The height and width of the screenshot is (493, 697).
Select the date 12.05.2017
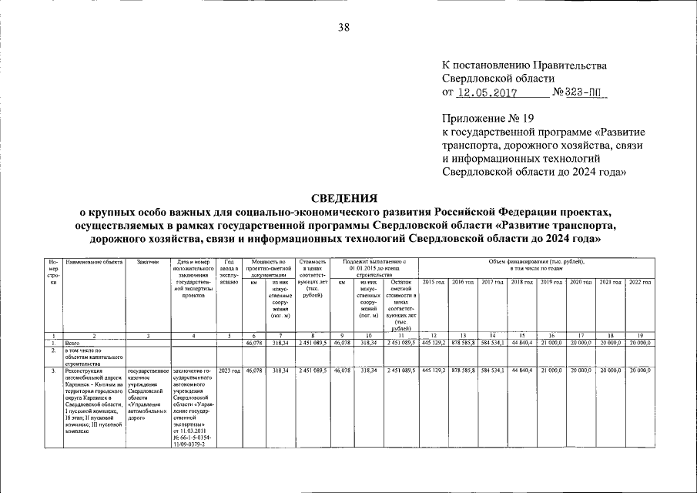tap(486, 92)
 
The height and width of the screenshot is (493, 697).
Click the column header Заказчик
tap(147, 263)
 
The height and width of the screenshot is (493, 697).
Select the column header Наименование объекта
tap(94, 263)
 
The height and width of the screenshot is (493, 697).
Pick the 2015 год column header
tap(434, 283)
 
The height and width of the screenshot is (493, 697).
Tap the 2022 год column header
tap(640, 283)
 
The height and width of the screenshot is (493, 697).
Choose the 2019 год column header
tap(551, 283)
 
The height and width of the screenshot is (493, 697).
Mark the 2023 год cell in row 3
tap(230, 371)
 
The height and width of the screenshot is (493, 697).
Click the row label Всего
tap(74, 343)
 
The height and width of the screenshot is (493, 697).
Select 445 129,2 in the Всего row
tap(434, 343)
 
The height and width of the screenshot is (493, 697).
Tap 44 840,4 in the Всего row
tap(521, 343)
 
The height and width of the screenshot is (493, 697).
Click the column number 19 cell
tap(640, 336)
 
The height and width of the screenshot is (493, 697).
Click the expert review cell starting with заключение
tap(194, 406)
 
